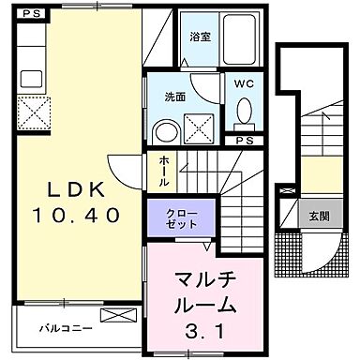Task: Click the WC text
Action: [244, 82]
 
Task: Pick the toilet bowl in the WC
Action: [245, 112]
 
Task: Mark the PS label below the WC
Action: [244, 141]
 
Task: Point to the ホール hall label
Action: [164, 172]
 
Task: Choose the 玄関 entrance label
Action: [319, 216]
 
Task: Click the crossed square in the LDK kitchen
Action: [36, 114]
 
